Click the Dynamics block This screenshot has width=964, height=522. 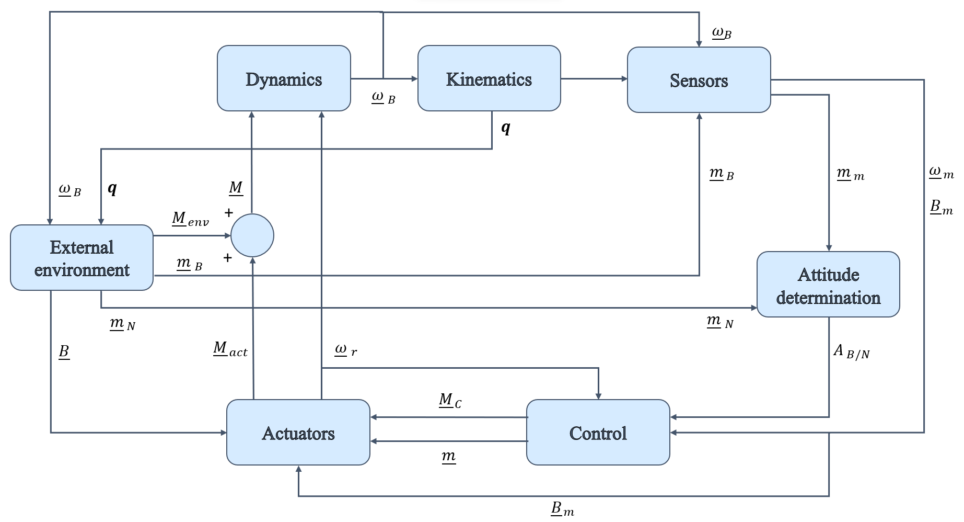tap(284, 78)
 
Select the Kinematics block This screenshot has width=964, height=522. tap(489, 78)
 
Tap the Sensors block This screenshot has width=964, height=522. tap(699, 80)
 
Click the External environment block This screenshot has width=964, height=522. tap(82, 258)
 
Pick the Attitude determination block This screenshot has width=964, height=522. tap(828, 285)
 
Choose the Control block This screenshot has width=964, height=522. tap(598, 433)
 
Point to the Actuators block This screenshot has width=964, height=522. tap(298, 433)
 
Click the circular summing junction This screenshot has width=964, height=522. tap(252, 235)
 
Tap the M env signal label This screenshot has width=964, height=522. tap(190, 219)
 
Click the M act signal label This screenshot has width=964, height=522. tap(230, 349)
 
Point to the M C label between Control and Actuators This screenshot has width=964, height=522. tap(449, 401)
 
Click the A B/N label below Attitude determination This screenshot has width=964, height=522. tap(851, 351)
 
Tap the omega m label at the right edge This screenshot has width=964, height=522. tap(940, 172)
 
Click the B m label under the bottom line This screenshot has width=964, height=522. tap(562, 508)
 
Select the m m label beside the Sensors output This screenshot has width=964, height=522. tap(850, 174)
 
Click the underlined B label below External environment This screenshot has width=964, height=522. tap(64, 351)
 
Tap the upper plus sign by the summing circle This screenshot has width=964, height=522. tap(228, 213)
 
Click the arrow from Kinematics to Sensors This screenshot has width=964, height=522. tap(594, 79)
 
